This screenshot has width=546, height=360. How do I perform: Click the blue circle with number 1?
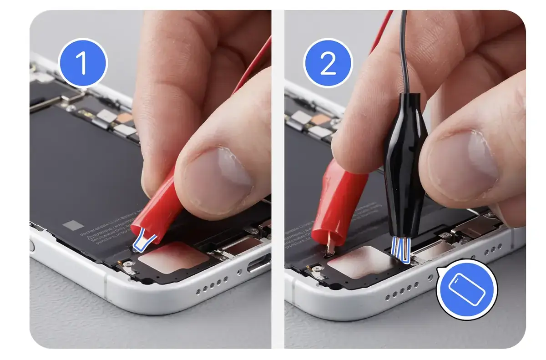tap(83, 63)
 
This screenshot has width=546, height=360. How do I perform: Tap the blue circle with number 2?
tap(328, 63)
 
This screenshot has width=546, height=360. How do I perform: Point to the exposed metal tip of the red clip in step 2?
tap(331, 248)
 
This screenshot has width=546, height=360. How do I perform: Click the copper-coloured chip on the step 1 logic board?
tap(124, 118)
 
